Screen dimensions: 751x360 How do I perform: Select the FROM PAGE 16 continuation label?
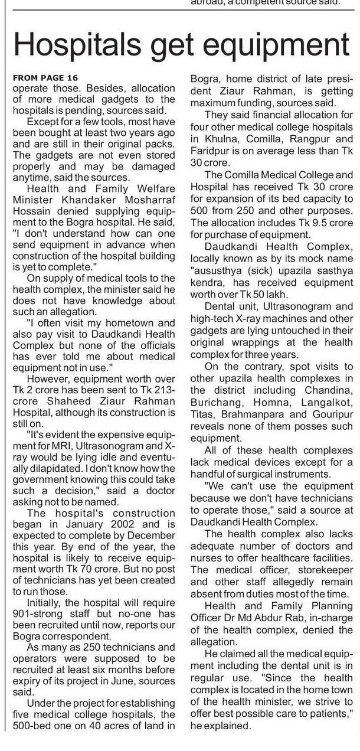click(x=44, y=78)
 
